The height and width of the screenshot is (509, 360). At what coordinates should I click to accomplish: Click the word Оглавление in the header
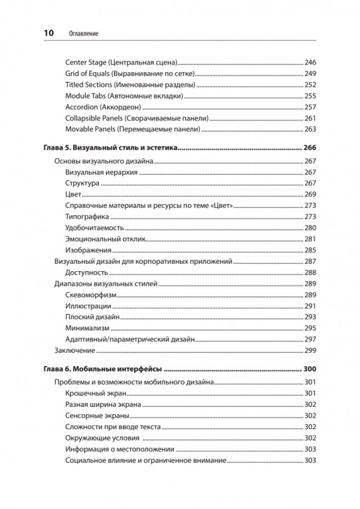82,34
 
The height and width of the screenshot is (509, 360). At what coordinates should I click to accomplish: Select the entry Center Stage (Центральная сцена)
121,63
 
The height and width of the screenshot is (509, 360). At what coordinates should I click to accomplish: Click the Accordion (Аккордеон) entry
103,107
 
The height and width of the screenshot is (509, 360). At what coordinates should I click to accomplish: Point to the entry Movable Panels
133,129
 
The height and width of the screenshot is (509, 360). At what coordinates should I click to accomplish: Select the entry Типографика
87,217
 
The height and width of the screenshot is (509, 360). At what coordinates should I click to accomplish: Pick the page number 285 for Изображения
310,250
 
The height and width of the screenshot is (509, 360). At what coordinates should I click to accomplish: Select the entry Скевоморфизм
92,295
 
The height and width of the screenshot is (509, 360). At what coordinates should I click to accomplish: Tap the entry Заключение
75,350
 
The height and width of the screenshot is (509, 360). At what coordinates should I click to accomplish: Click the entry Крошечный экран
96,394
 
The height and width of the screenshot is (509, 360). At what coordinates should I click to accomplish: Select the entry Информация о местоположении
121,449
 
